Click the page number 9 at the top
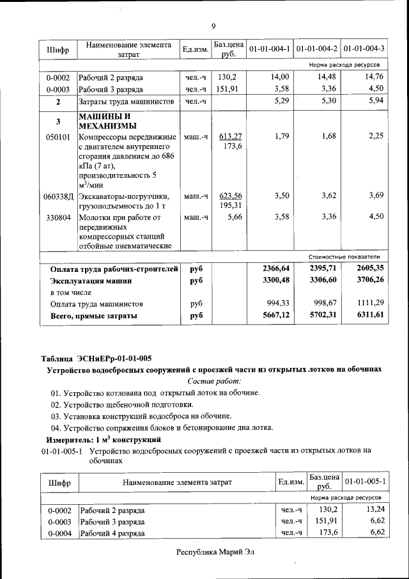coord(213,26)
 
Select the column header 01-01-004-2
coord(317,49)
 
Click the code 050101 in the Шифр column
coord(58,136)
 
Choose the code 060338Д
coord(58,196)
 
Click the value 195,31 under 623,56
coord(231,205)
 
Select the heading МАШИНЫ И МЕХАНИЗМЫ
coord(105,120)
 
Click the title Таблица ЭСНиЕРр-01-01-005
coord(96,358)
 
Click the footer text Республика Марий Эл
coord(215,552)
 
